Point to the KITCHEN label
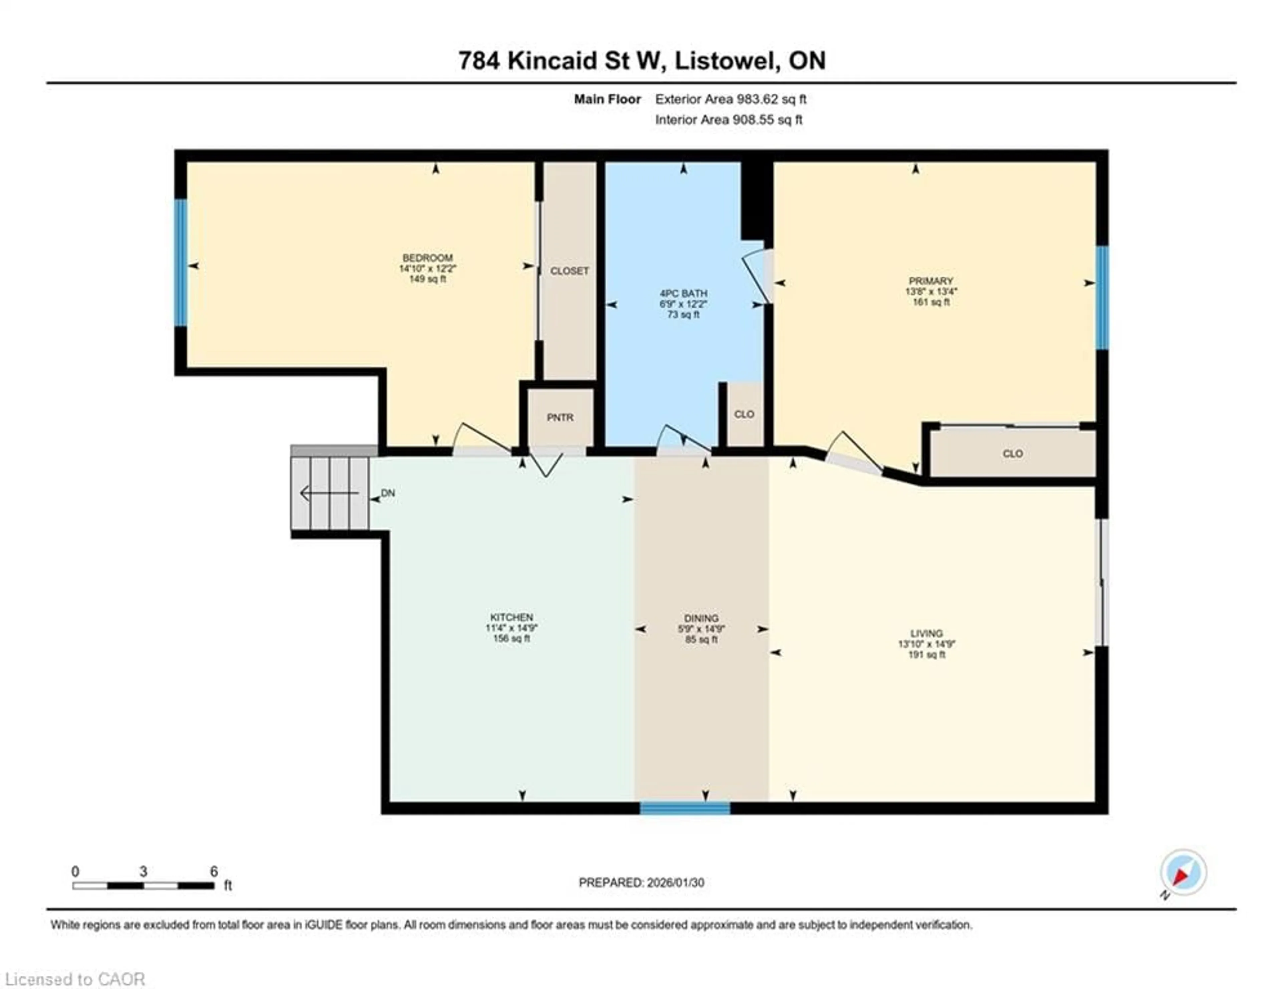(511, 617)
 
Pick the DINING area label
(701, 618)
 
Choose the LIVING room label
(926, 634)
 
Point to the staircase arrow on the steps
(329, 493)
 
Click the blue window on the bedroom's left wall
(181, 262)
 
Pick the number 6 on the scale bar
(214, 872)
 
